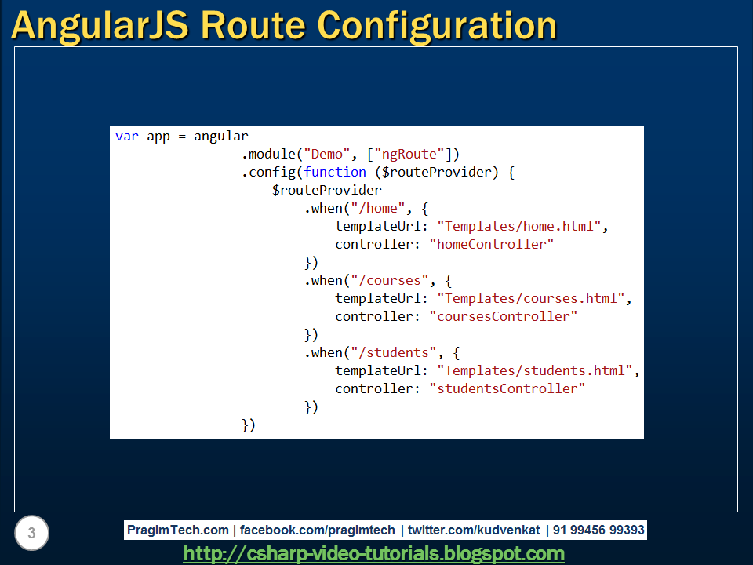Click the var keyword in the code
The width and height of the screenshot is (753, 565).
coord(127,136)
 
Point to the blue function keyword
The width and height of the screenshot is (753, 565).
coord(335,172)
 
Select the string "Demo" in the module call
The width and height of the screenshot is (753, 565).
coord(328,154)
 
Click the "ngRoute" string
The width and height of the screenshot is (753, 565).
coord(409,154)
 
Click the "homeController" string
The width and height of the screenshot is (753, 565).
coord(492,244)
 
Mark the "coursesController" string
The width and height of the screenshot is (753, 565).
coord(504,316)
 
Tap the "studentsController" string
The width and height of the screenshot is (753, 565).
coord(507,388)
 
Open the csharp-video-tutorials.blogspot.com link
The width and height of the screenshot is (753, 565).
coord(374,554)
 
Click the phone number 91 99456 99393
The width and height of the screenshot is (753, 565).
coord(598,530)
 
